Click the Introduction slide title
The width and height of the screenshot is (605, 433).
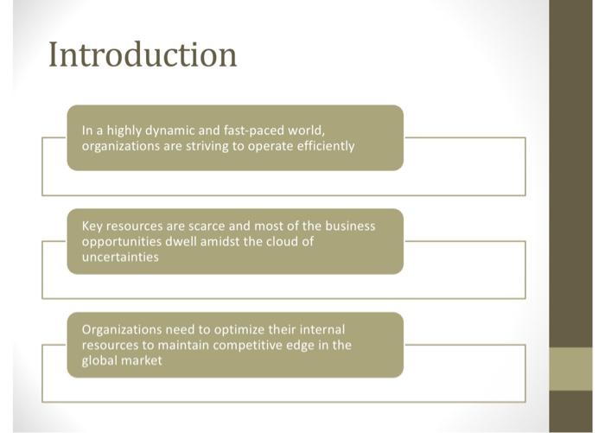143,54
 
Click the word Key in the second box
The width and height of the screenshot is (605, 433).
93,226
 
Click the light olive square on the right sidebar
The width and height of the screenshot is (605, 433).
570,369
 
